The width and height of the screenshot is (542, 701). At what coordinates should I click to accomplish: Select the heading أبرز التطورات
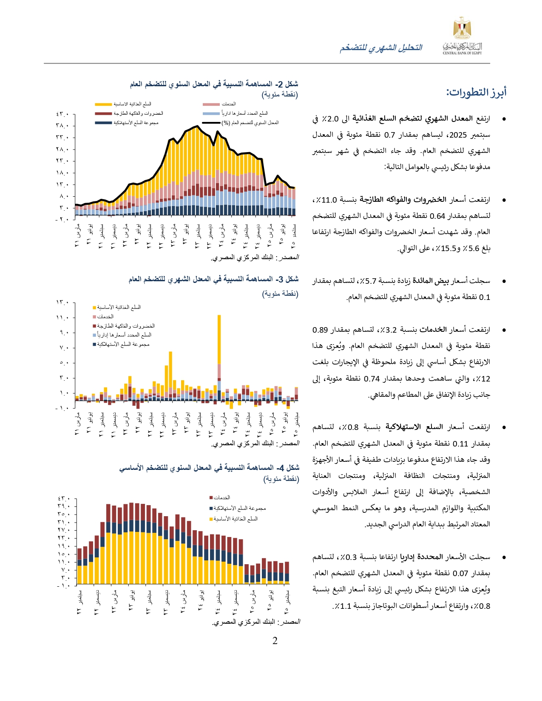click(476, 92)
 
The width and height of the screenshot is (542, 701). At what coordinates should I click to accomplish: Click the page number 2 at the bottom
click(275, 641)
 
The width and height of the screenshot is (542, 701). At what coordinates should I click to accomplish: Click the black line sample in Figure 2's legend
click(211, 123)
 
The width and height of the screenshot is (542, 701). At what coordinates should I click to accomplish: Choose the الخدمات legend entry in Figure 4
click(221, 497)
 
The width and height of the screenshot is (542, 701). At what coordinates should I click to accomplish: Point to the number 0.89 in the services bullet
click(320, 330)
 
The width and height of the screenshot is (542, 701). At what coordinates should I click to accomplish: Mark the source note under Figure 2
click(255, 257)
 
